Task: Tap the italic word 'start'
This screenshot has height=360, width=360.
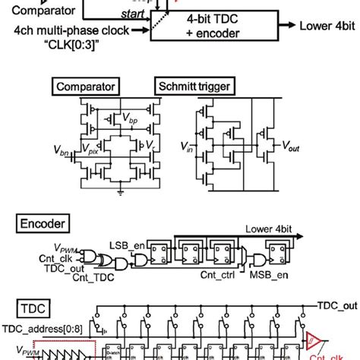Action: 121,13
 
